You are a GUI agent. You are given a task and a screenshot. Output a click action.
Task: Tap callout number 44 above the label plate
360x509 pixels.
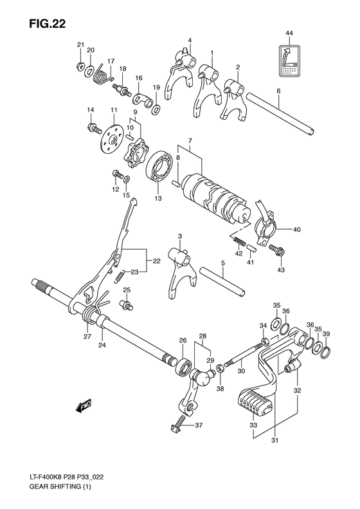[289, 33]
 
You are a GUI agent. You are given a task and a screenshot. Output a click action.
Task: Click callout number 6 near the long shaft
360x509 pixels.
[278, 91]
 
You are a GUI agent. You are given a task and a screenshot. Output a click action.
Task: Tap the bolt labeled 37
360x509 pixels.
[178, 425]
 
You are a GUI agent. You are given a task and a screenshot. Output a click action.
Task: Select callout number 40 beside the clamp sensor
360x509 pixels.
[296, 228]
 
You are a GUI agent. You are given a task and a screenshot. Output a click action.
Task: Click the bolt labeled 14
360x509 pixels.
[94, 128]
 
